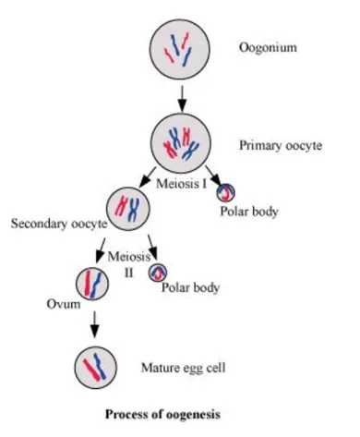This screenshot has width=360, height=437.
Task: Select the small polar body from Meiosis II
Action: tap(161, 274)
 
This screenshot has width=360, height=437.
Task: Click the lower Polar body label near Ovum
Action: tap(191, 287)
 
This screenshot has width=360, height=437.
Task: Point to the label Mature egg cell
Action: tap(183, 368)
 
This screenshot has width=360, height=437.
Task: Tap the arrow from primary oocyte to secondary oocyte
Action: tap(152, 175)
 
